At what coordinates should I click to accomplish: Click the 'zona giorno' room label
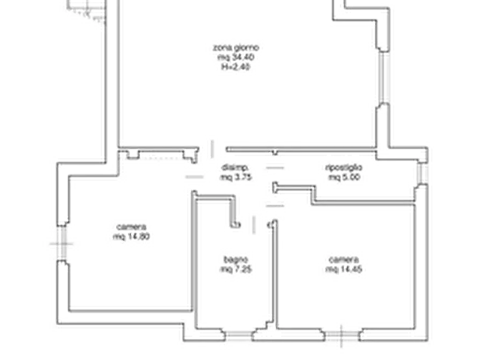235,47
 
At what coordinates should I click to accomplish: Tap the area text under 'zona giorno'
235,57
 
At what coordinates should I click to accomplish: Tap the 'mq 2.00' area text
345,176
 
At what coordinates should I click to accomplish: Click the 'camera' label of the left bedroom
130,227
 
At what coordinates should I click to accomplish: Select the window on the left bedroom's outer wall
62,244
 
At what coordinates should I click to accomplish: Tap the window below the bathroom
237,334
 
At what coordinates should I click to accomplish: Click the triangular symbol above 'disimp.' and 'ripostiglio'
274,159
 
